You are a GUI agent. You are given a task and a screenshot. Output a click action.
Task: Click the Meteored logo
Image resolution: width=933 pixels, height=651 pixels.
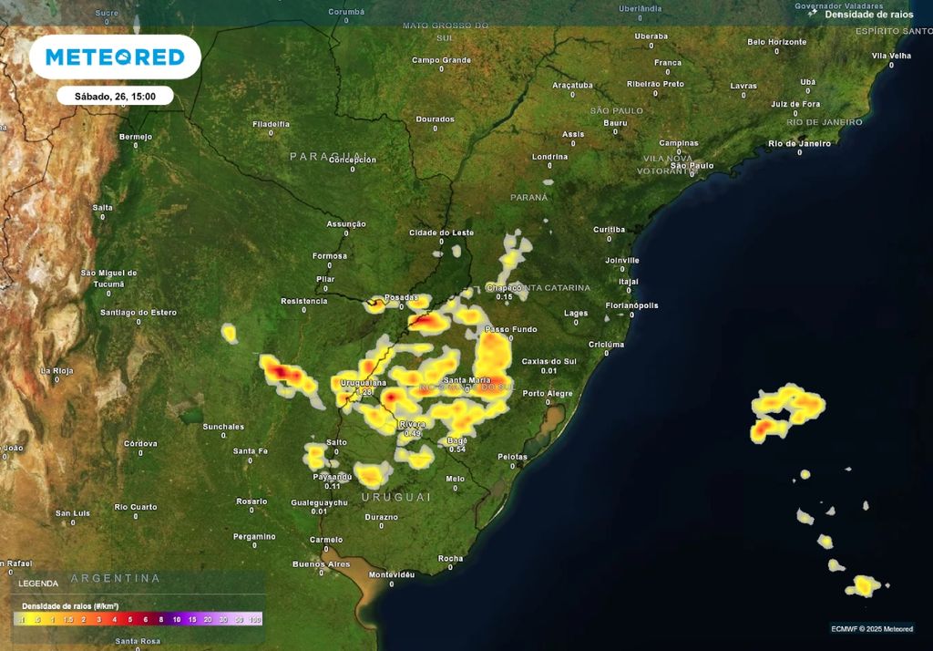tap(115, 57)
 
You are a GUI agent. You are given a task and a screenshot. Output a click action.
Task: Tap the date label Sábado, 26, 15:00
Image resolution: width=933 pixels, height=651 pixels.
tap(115, 96)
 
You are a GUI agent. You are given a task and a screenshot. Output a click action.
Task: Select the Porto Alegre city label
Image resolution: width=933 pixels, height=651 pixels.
tap(548, 394)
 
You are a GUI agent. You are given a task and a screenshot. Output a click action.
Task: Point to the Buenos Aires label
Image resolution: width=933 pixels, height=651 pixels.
tap(321, 564)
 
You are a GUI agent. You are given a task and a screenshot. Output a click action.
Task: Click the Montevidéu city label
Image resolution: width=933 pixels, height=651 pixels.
tap(393, 574)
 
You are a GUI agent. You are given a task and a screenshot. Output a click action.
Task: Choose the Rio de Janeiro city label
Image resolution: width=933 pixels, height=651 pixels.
tap(799, 143)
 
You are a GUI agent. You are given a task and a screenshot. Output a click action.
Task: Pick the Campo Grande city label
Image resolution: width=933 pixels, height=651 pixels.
tap(441, 60)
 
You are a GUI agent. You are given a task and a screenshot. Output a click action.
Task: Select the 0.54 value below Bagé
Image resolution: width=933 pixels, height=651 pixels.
tap(457, 449)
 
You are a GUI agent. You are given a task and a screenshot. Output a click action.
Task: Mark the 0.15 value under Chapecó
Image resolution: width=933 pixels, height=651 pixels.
tap(504, 297)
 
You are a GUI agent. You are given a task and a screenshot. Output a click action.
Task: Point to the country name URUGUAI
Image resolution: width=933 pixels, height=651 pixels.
tap(395, 497)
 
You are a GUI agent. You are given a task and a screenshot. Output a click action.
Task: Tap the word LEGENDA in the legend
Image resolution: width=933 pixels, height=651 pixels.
tap(38, 584)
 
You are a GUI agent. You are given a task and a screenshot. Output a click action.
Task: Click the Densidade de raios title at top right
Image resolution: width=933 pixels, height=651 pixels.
tap(869, 15)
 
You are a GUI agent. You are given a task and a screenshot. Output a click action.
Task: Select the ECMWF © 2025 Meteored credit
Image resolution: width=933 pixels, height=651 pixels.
tap(872, 628)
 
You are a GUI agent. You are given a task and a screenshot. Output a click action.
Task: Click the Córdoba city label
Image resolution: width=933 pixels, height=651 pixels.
tap(140, 444)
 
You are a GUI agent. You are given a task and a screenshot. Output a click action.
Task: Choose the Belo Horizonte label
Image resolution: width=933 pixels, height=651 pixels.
tap(776, 42)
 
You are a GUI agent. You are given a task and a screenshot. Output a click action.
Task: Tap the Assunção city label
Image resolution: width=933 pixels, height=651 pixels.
tap(346, 224)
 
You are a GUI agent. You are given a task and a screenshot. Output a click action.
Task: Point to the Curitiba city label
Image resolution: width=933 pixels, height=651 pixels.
tap(609, 229)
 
